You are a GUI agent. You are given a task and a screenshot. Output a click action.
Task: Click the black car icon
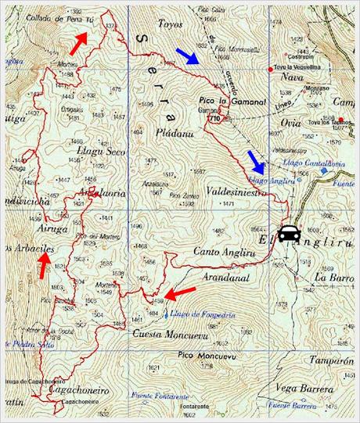(289, 233)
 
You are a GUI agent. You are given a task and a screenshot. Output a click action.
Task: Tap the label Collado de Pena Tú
(53, 17)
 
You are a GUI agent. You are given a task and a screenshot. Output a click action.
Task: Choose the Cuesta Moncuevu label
(171, 334)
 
